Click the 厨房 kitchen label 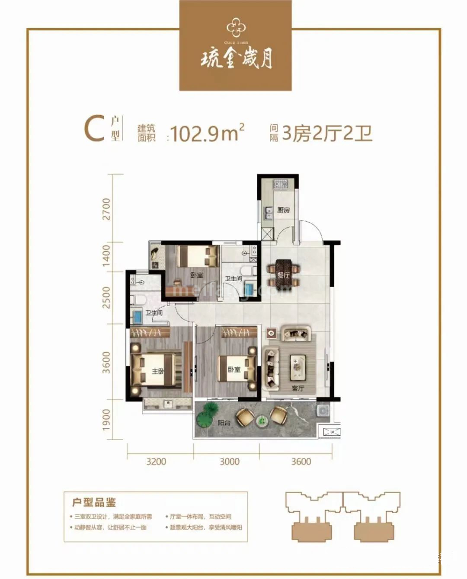click(x=284, y=210)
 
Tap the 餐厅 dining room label click(x=283, y=275)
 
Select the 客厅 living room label click(x=297, y=388)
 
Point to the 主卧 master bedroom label click(x=157, y=371)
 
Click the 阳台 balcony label click(x=224, y=423)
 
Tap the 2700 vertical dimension click(x=106, y=209)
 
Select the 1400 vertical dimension click(x=106, y=256)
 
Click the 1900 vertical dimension click(x=106, y=420)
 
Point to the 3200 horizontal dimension click(x=156, y=462)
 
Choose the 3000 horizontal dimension click(x=229, y=462)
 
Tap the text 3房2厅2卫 click(x=327, y=133)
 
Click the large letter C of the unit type click(x=94, y=129)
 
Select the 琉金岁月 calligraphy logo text click(x=236, y=58)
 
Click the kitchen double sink click(x=268, y=212)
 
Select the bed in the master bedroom click(x=154, y=369)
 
